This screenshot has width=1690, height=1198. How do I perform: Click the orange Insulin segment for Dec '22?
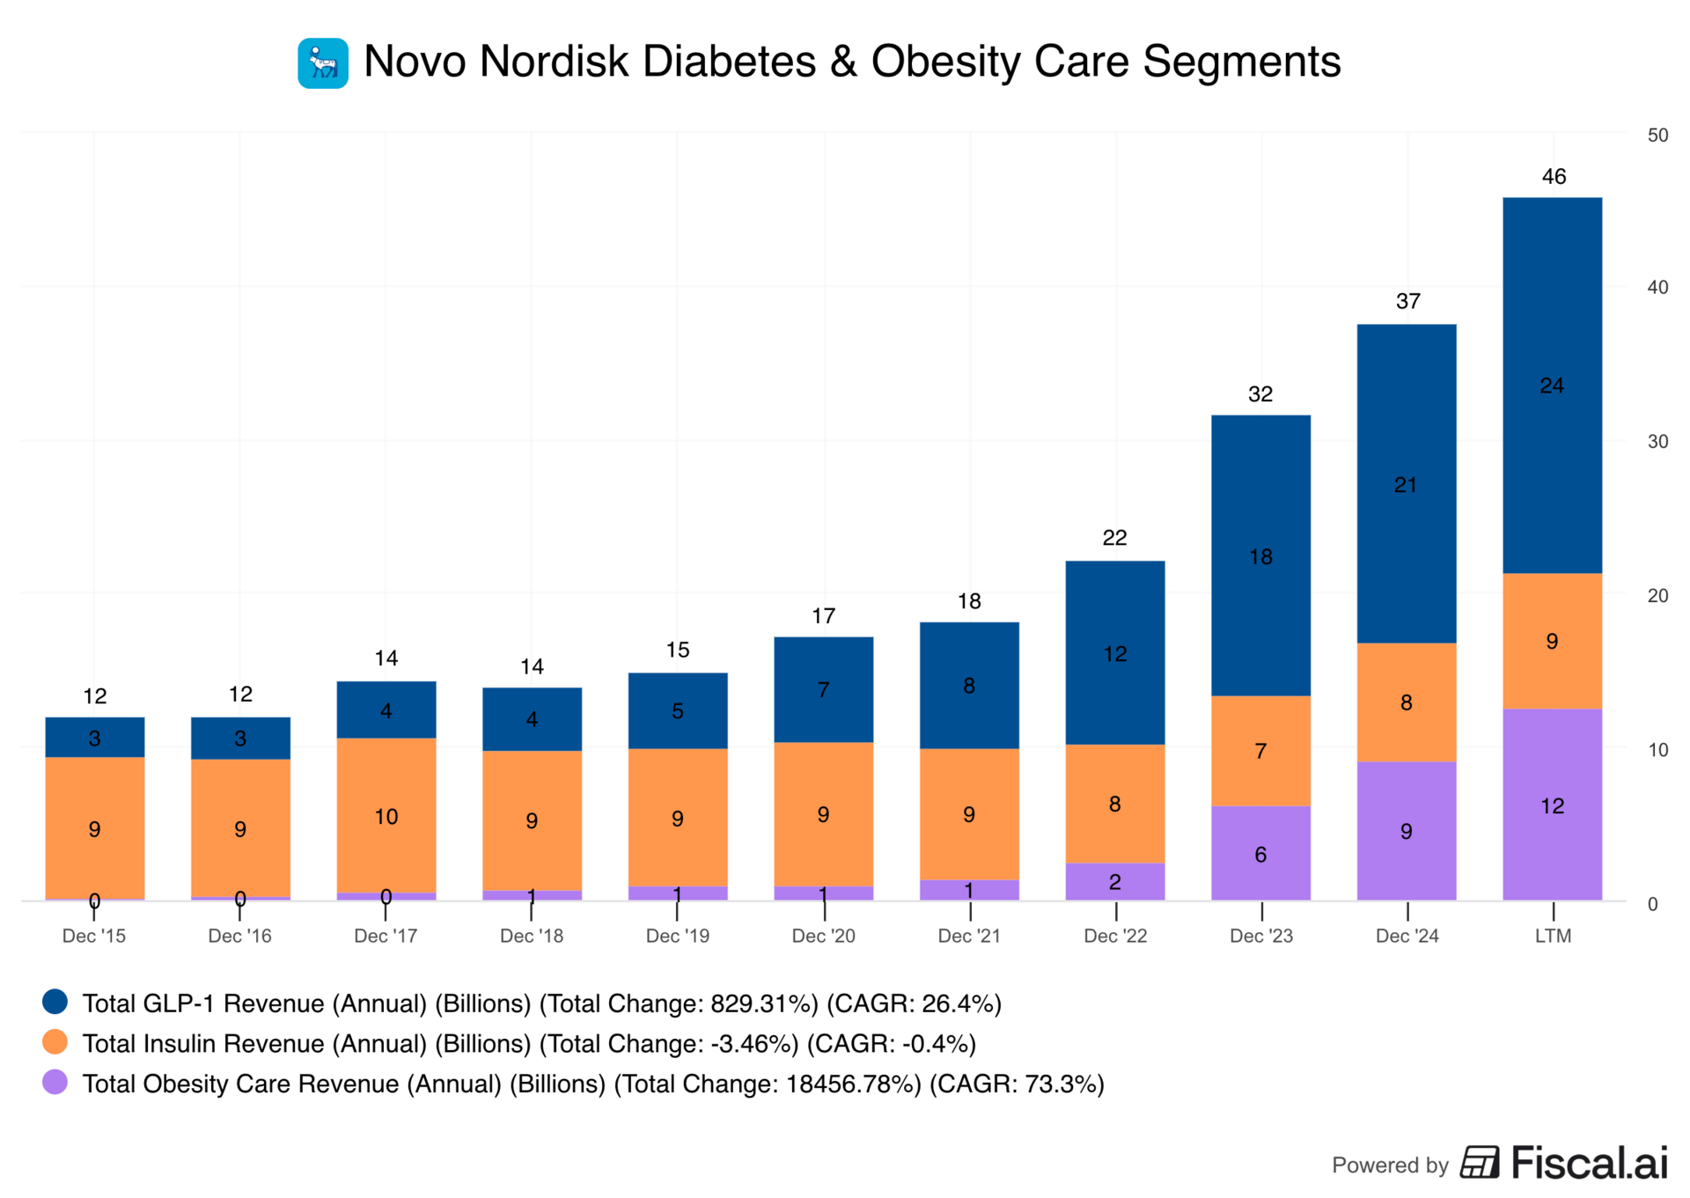[x=1114, y=803]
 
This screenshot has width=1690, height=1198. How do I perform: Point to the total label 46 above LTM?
[x=1554, y=177]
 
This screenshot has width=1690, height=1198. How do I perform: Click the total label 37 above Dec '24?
[x=1407, y=302]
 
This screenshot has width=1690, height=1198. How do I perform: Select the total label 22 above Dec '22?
[x=1114, y=538]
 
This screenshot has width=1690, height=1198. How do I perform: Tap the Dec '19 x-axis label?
[x=677, y=936]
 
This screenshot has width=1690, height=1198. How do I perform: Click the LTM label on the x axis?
[x=1553, y=936]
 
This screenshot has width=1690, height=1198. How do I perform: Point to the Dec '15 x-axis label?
[x=93, y=936]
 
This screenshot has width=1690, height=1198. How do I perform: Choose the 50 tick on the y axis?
[x=1657, y=136]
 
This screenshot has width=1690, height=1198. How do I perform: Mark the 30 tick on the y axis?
[x=1657, y=442]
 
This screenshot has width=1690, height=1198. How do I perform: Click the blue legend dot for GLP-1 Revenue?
[x=55, y=1002]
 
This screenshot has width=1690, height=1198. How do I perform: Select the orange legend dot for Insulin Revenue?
[x=55, y=1042]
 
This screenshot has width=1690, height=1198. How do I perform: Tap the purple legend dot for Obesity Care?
[x=55, y=1082]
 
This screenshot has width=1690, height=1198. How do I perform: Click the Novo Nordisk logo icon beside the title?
[x=323, y=63]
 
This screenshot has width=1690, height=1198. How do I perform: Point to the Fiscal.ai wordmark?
[x=1589, y=1163]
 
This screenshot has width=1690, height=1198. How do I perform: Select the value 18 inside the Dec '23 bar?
[x=1260, y=557]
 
